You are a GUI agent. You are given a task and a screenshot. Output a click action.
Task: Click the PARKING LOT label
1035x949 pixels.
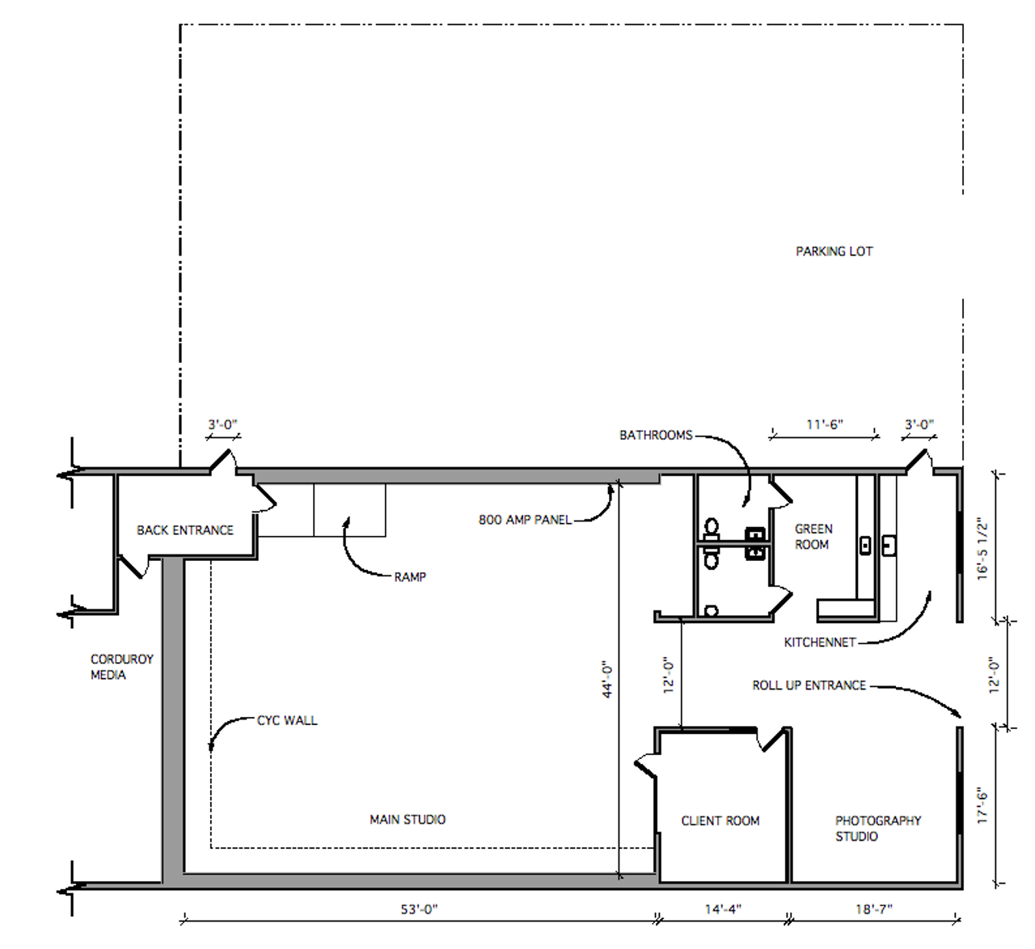point(834,251)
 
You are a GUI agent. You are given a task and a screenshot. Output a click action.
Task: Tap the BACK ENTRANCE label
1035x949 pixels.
point(184,530)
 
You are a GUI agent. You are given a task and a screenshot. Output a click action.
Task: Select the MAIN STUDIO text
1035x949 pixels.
point(408,819)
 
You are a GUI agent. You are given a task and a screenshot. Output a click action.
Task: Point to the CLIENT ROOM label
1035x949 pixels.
point(720,820)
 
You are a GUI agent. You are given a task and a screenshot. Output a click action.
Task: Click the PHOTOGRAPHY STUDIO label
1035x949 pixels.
point(878,829)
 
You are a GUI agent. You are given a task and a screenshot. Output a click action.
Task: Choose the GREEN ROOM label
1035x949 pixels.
point(813,537)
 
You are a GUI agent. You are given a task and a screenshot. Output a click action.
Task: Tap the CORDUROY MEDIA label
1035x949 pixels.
point(122,667)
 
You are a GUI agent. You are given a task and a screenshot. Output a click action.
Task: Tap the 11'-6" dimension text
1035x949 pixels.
point(825,424)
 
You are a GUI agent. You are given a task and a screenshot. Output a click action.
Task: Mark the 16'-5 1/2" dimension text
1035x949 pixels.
point(982,549)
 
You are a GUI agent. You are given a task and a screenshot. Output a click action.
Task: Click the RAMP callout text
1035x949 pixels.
point(410,577)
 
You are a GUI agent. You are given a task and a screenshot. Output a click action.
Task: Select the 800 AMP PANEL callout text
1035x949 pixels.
point(525,520)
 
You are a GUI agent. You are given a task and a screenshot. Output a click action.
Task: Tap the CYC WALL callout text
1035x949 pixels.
point(287,720)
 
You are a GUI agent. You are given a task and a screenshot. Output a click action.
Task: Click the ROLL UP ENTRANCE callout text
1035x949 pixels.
point(809,685)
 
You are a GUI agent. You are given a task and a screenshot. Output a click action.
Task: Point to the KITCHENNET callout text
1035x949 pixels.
point(820,643)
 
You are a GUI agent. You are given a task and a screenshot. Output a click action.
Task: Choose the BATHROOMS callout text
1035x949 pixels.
point(656,435)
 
